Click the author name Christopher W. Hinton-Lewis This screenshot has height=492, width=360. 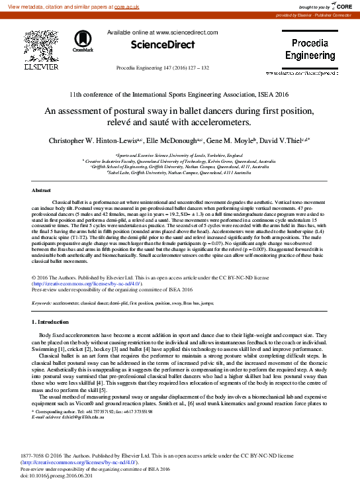point(87,140)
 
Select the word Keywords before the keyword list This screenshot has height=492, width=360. point(42,303)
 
